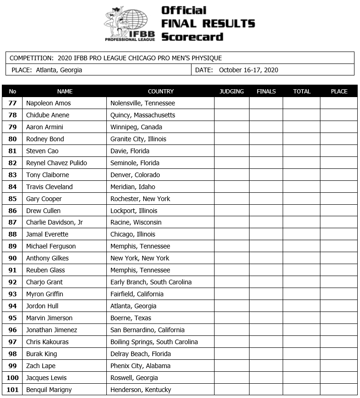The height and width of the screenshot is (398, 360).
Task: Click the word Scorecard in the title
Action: tap(192, 37)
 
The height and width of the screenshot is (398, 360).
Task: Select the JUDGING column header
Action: tap(232, 91)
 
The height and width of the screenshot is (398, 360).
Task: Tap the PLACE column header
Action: tap(339, 91)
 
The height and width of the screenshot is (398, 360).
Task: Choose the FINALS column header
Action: tap(266, 91)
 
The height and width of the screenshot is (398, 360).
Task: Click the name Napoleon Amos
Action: tap(48, 103)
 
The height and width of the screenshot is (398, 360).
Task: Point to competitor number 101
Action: tap(12, 390)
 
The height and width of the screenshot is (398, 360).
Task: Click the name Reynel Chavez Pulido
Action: tap(56, 163)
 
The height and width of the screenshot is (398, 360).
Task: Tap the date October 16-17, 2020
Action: tap(249, 70)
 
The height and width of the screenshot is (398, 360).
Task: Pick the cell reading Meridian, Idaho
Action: tap(133, 187)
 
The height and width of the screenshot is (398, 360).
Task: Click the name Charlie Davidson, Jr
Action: tap(54, 222)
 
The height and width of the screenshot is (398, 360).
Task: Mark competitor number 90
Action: tap(12, 258)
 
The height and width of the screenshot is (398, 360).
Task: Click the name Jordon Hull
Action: tap(42, 306)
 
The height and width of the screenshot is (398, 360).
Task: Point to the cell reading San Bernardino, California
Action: tap(147, 330)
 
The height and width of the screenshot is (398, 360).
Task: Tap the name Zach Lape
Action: tap(41, 366)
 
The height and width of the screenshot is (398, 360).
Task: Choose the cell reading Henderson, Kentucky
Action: tap(140, 390)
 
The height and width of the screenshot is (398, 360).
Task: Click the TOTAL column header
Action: tap(302, 91)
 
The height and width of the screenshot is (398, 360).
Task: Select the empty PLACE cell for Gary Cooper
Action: tap(339, 199)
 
